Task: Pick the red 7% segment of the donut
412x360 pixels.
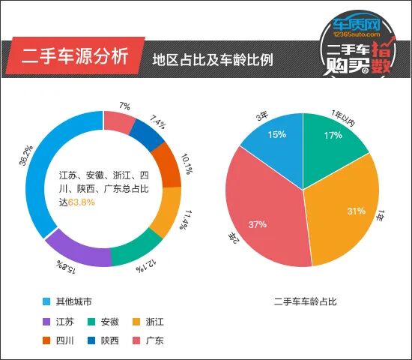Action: [118, 121]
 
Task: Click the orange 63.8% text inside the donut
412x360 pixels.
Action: [82, 202]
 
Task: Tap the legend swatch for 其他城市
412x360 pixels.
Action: [46, 302]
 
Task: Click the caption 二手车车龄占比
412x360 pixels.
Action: [306, 302]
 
